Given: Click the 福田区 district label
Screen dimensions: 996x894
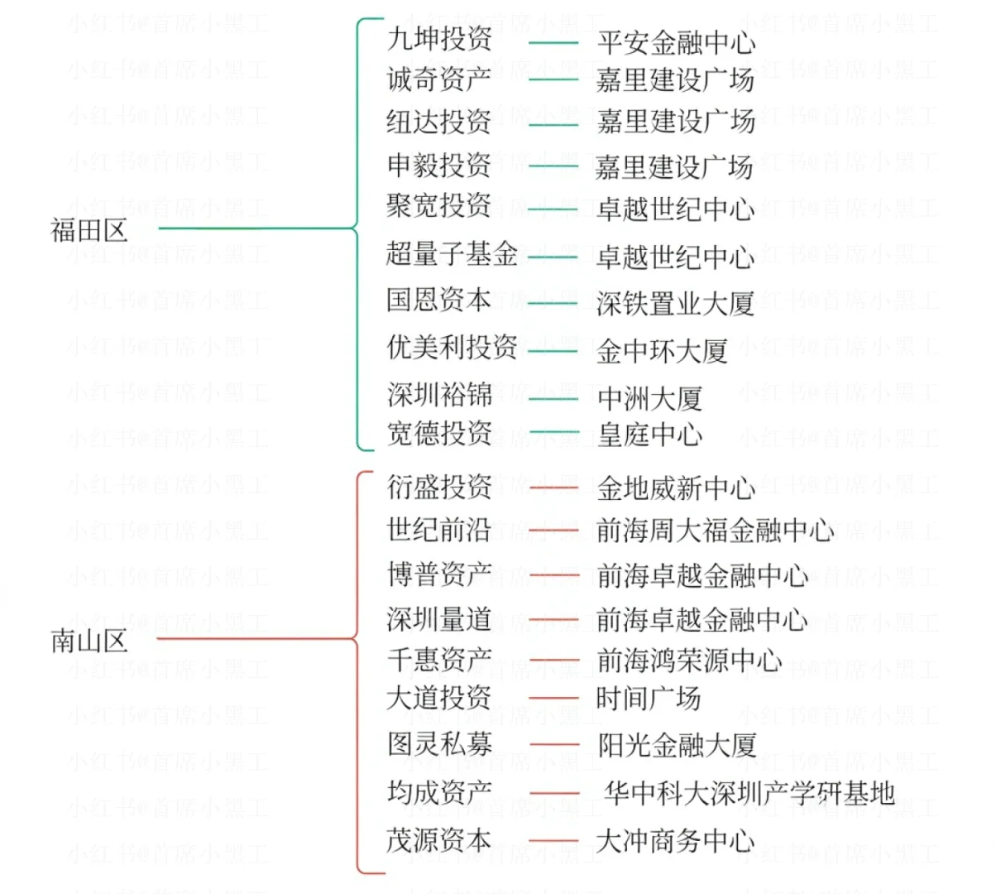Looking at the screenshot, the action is pyautogui.click(x=89, y=229).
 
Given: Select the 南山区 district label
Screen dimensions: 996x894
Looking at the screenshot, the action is pyautogui.click(x=89, y=640).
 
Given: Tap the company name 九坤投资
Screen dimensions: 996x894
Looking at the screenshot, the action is pyautogui.click(x=439, y=39).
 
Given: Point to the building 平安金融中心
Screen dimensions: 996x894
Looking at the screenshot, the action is pyautogui.click(x=676, y=42).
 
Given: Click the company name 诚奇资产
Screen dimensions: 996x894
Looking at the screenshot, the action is pyautogui.click(x=439, y=79).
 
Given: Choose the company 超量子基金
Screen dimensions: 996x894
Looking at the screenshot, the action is pyautogui.click(x=453, y=253).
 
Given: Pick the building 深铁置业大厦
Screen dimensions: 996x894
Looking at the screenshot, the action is pyautogui.click(x=675, y=304).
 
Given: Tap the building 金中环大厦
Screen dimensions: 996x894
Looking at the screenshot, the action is pyautogui.click(x=662, y=351).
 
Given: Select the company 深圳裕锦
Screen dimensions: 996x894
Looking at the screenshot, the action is pyautogui.click(x=439, y=394).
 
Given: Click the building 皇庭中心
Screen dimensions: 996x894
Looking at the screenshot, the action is pyautogui.click(x=649, y=435).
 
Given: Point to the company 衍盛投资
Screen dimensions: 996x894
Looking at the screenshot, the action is pyautogui.click(x=439, y=487).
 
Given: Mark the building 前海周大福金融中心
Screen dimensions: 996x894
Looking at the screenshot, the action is pyautogui.click(x=715, y=530).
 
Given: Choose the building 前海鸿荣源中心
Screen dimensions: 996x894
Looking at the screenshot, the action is pyautogui.click(x=688, y=660).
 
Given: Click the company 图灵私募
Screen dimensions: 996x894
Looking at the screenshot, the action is pyautogui.click(x=439, y=743).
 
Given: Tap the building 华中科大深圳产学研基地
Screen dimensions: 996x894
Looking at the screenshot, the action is pyautogui.click(x=749, y=792).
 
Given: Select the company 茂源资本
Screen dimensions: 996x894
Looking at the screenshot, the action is pyautogui.click(x=439, y=839).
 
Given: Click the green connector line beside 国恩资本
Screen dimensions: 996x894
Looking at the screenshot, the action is pyautogui.click(x=553, y=303).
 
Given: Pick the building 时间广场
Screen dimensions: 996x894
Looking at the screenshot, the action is pyautogui.click(x=649, y=699).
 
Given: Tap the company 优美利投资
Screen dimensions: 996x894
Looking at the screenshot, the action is pyautogui.click(x=453, y=348).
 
